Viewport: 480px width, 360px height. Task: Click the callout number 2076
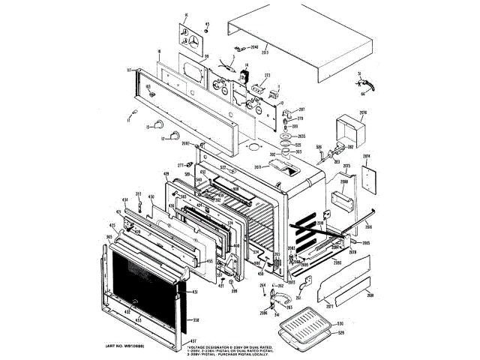(x=362, y=113)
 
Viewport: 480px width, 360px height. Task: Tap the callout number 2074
(x=367, y=157)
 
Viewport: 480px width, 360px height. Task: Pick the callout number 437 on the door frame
(x=181, y=340)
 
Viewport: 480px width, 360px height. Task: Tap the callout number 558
(x=196, y=320)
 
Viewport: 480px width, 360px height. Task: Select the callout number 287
(x=301, y=109)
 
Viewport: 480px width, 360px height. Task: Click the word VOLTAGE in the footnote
(x=200, y=347)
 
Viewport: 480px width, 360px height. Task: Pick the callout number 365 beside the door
(x=109, y=236)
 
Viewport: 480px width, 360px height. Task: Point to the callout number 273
(x=266, y=76)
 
